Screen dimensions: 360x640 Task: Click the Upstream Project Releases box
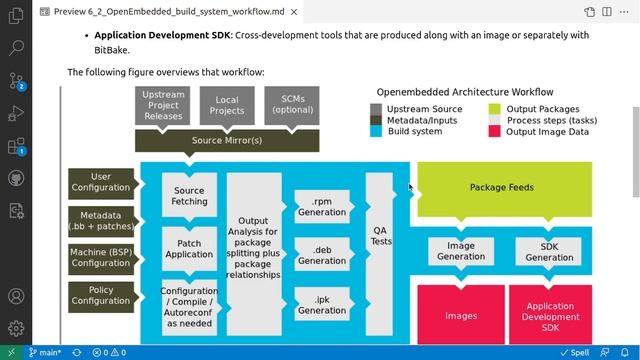point(164,105)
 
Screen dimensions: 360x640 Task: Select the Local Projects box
point(227,105)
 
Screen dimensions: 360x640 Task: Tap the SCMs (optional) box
point(291,105)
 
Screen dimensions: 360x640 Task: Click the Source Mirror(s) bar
point(227,140)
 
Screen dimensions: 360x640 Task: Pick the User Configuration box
point(101,182)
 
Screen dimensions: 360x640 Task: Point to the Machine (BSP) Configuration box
point(101,257)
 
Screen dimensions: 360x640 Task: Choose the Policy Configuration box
point(101,295)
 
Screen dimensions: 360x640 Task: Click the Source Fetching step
point(189,195)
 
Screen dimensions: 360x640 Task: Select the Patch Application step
point(189,248)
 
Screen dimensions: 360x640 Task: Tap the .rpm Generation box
point(322,207)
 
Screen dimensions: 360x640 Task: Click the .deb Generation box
point(322,255)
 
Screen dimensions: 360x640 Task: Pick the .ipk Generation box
point(322,304)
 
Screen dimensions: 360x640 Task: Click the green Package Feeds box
point(503,187)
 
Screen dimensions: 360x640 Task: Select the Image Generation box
point(461,251)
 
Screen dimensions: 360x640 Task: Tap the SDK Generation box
point(549,251)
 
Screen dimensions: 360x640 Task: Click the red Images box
point(461,315)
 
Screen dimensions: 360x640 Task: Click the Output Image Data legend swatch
point(495,131)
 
